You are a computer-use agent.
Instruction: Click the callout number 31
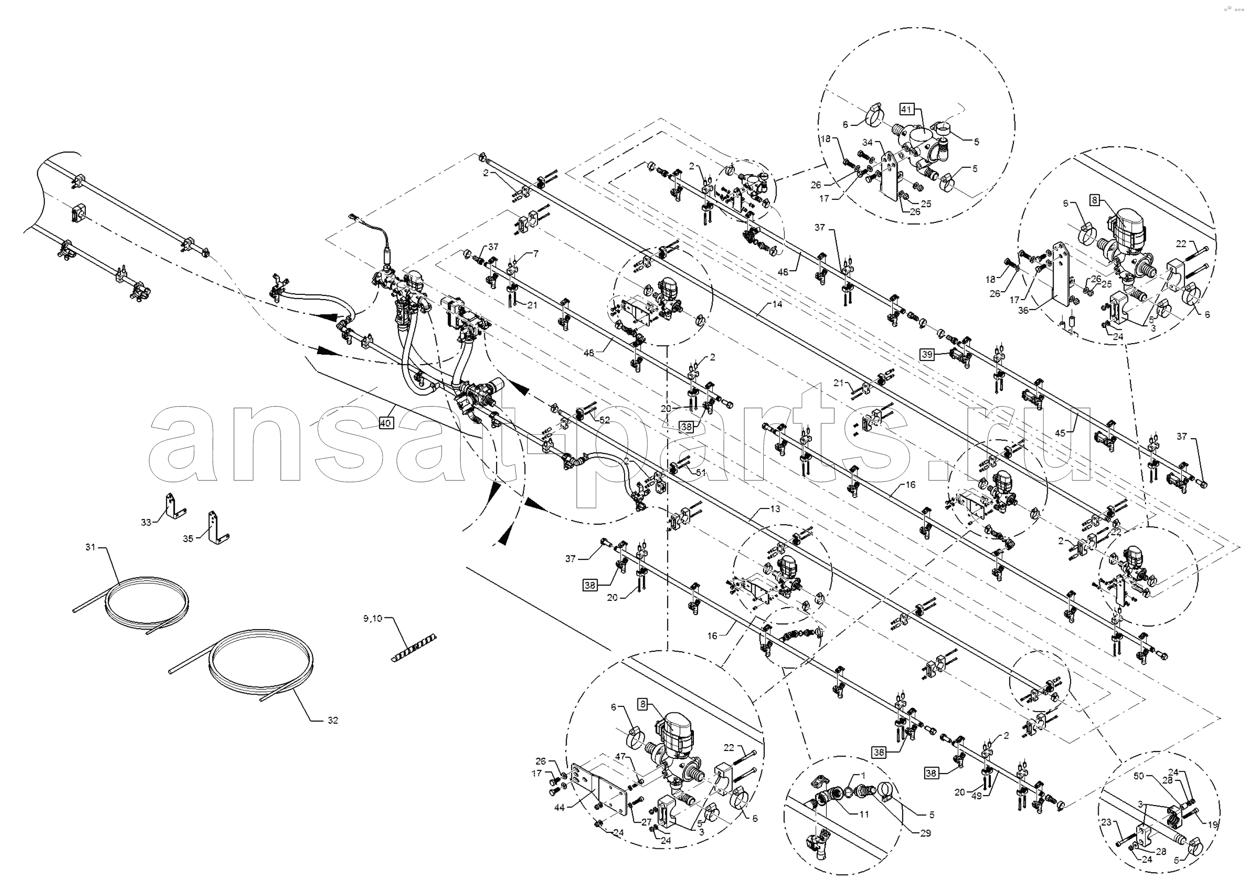click(90, 547)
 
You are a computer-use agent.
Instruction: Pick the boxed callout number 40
click(386, 423)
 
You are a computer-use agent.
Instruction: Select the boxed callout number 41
click(906, 109)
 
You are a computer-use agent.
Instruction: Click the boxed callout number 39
click(927, 355)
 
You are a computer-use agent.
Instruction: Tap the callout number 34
click(868, 142)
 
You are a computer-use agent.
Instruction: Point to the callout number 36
click(1023, 311)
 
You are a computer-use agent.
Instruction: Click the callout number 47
click(620, 756)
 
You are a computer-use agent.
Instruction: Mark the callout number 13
click(775, 508)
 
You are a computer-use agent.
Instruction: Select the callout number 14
click(777, 304)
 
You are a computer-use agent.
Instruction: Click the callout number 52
click(604, 420)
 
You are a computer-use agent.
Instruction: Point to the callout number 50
click(1138, 776)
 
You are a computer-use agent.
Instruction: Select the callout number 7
click(536, 253)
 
